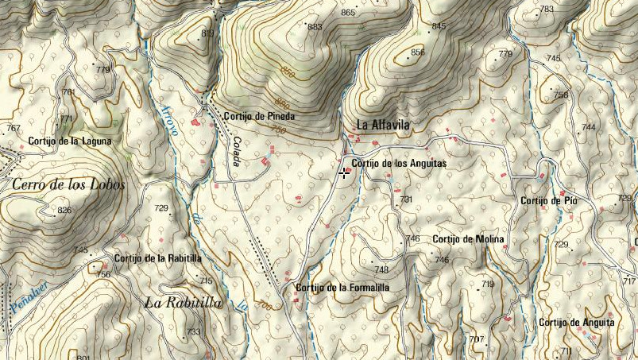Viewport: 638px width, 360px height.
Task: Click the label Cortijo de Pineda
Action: (260, 116)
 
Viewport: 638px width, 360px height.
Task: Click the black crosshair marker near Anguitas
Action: (343, 172)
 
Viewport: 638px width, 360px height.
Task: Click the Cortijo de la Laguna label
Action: (69, 141)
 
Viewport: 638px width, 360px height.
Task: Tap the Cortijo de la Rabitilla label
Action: (157, 258)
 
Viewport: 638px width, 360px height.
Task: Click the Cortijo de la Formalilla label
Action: (342, 288)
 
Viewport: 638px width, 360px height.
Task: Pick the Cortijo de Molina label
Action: (468, 239)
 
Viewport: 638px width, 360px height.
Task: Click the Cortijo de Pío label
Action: (548, 201)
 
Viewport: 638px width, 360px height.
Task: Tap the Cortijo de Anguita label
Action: (576, 323)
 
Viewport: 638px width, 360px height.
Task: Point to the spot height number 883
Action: (315, 27)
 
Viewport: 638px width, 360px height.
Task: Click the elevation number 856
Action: (419, 53)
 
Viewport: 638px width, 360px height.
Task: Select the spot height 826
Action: (64, 211)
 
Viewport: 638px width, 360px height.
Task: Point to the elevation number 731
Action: (407, 199)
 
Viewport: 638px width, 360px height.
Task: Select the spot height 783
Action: (547, 10)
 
